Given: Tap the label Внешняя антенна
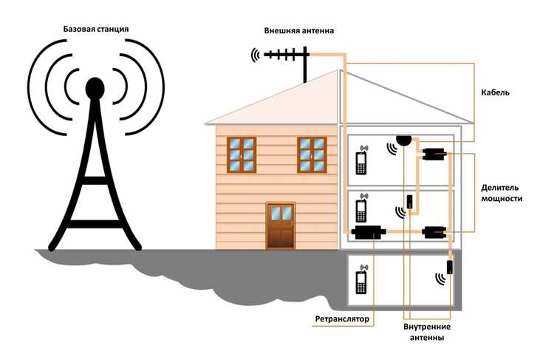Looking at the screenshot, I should [299, 32].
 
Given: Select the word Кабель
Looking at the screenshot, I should [494, 93].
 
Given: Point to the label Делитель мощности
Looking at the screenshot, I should [502, 194].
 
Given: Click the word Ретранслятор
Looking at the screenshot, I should [341, 319].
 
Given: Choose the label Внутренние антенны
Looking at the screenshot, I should [428, 332].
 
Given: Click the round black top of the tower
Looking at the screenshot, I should [95, 89].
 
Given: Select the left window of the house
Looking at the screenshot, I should [241, 154].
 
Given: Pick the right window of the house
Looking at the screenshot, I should [312, 154].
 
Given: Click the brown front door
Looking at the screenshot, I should [280, 225].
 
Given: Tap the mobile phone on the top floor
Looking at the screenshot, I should [361, 162].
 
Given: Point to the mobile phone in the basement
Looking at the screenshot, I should [361, 280].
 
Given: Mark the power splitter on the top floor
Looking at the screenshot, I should [433, 154].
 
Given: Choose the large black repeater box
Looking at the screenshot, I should [368, 233].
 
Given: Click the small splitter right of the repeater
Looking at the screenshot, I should [433, 233].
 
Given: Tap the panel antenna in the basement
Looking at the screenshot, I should [450, 268].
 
